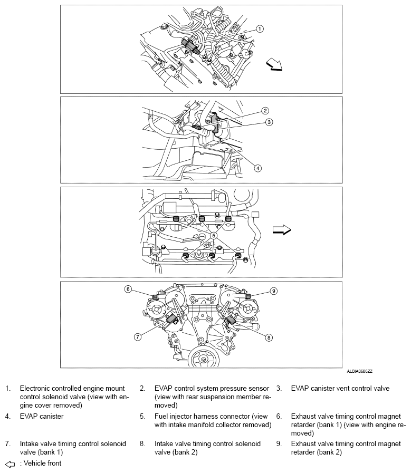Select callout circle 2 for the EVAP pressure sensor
pos(265,111)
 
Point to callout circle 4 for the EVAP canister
pos(258,168)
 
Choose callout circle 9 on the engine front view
pos(273,291)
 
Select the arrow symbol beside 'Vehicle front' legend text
pos(9,464)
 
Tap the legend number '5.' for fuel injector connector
pos(142,417)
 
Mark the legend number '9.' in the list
pos(279,444)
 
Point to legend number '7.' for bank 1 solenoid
pos(8,444)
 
